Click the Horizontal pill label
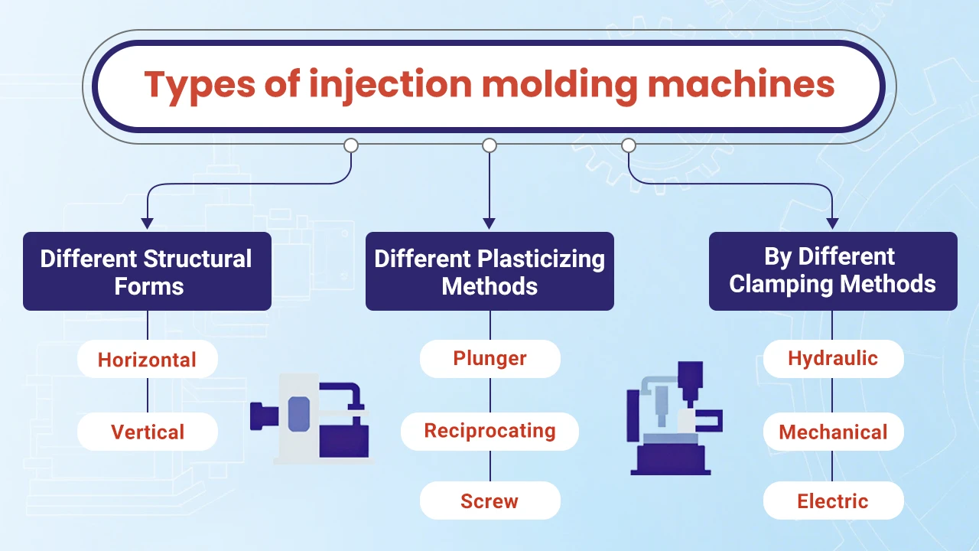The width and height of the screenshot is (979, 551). click(147, 360)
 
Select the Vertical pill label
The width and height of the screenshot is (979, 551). click(147, 432)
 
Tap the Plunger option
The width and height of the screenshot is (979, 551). click(489, 358)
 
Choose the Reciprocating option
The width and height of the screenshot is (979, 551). click(489, 431)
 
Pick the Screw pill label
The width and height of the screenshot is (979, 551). click(489, 501)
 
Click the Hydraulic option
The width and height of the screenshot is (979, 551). click(833, 358)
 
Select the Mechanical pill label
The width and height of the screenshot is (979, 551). click(833, 432)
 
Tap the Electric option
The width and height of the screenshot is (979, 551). click(833, 501)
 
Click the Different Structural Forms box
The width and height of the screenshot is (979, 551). click(147, 272)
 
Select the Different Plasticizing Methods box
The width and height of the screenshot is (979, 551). click(489, 272)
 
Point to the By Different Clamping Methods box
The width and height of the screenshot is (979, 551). click(833, 272)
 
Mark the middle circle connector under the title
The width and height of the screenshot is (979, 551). click(489, 145)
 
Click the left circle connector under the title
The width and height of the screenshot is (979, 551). click(351, 145)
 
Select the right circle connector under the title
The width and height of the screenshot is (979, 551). click(628, 145)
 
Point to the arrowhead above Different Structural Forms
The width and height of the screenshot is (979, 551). click(147, 223)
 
